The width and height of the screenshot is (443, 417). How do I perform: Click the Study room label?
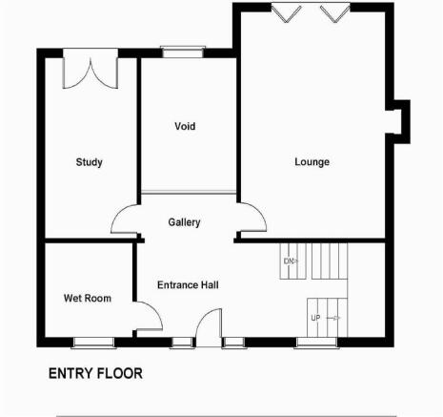pos(90,162)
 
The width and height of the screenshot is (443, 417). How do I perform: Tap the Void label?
pos(185,126)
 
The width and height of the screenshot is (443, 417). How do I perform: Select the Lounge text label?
pos(312,162)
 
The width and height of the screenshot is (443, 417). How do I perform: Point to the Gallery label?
pos(184,222)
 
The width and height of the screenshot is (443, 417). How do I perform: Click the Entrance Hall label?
pos(188,284)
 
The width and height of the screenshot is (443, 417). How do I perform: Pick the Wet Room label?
pos(88,298)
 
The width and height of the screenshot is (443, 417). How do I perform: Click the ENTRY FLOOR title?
pos(95,373)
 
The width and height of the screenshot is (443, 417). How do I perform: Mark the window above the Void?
pos(183,52)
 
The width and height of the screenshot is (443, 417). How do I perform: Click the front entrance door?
pos(209,327)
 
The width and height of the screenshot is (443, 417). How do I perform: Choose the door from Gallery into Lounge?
pos(252,217)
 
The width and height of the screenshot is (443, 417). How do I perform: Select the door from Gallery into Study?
pos(125,219)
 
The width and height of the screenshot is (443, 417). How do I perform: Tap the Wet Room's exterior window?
pos(93,343)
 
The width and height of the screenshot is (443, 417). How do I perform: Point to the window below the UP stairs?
pos(316,343)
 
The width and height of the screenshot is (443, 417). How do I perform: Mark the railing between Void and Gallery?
pos(189,192)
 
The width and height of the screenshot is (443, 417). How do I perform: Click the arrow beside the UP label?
pos(333,318)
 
